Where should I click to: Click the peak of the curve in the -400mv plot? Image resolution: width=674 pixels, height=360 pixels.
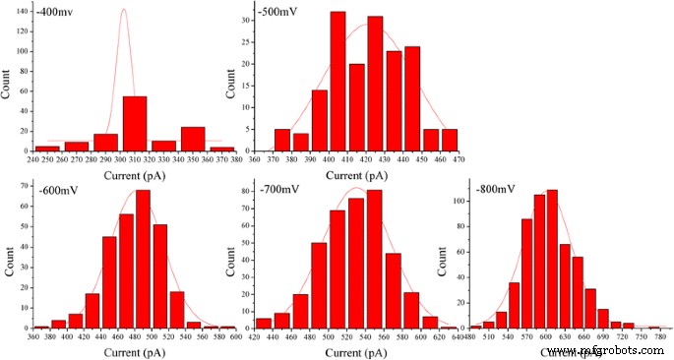(x=123, y=10)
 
